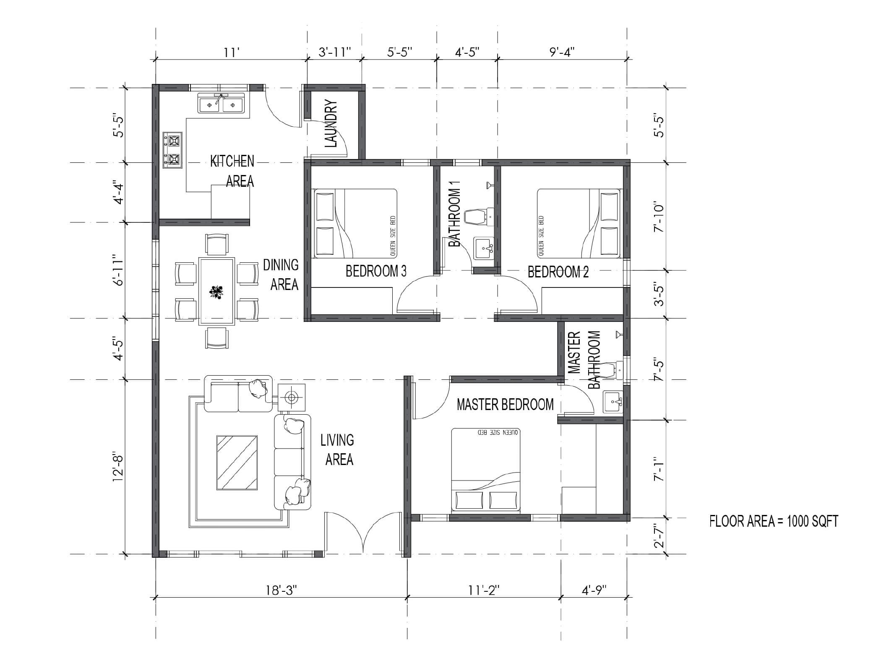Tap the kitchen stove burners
[173, 150]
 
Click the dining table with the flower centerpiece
[216, 291]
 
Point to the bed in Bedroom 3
[355, 223]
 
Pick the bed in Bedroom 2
[579, 223]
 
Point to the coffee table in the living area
[237, 462]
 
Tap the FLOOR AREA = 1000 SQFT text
[774, 522]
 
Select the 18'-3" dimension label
[282, 590]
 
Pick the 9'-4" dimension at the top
[562, 52]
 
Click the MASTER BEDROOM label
[505, 405]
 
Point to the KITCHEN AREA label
[232, 171]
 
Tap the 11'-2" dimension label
[484, 590]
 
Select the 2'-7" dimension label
[659, 537]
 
